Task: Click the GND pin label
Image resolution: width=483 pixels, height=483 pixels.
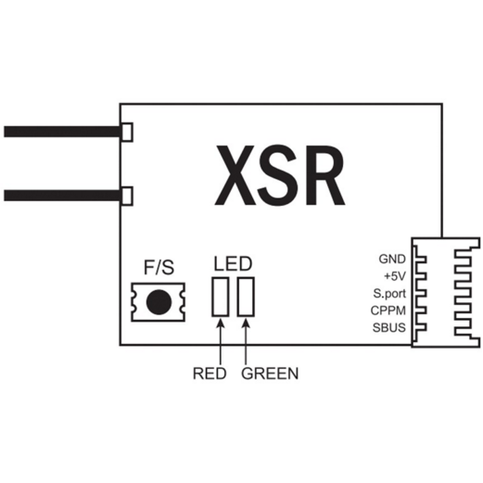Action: click(x=392, y=259)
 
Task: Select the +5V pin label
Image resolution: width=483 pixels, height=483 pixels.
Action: click(x=395, y=276)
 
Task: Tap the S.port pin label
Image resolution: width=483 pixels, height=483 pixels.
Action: click(x=389, y=294)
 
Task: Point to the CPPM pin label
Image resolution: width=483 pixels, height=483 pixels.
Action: click(x=388, y=311)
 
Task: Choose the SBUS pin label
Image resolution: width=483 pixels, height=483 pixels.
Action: click(x=389, y=327)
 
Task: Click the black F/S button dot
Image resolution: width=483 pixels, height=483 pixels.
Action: click(x=159, y=302)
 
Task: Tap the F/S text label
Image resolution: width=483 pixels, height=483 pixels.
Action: click(x=159, y=267)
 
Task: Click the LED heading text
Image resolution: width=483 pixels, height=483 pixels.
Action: click(x=233, y=264)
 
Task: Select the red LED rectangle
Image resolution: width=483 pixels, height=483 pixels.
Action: click(x=221, y=297)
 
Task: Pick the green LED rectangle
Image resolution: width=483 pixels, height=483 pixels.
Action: click(x=246, y=297)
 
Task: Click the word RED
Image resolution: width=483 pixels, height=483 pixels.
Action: click(x=210, y=374)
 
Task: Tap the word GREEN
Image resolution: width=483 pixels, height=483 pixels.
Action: click(x=270, y=374)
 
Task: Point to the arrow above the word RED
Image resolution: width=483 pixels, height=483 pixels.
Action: click(x=221, y=341)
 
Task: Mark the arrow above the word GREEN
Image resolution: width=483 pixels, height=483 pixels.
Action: click(x=246, y=341)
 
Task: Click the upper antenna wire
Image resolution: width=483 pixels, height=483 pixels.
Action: click(x=62, y=132)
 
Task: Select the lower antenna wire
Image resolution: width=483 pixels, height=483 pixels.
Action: click(x=62, y=196)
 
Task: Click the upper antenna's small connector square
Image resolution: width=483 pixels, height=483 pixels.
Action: click(x=127, y=132)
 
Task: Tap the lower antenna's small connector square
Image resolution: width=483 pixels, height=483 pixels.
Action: click(x=127, y=196)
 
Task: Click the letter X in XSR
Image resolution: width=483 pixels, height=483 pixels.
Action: click(x=235, y=175)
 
